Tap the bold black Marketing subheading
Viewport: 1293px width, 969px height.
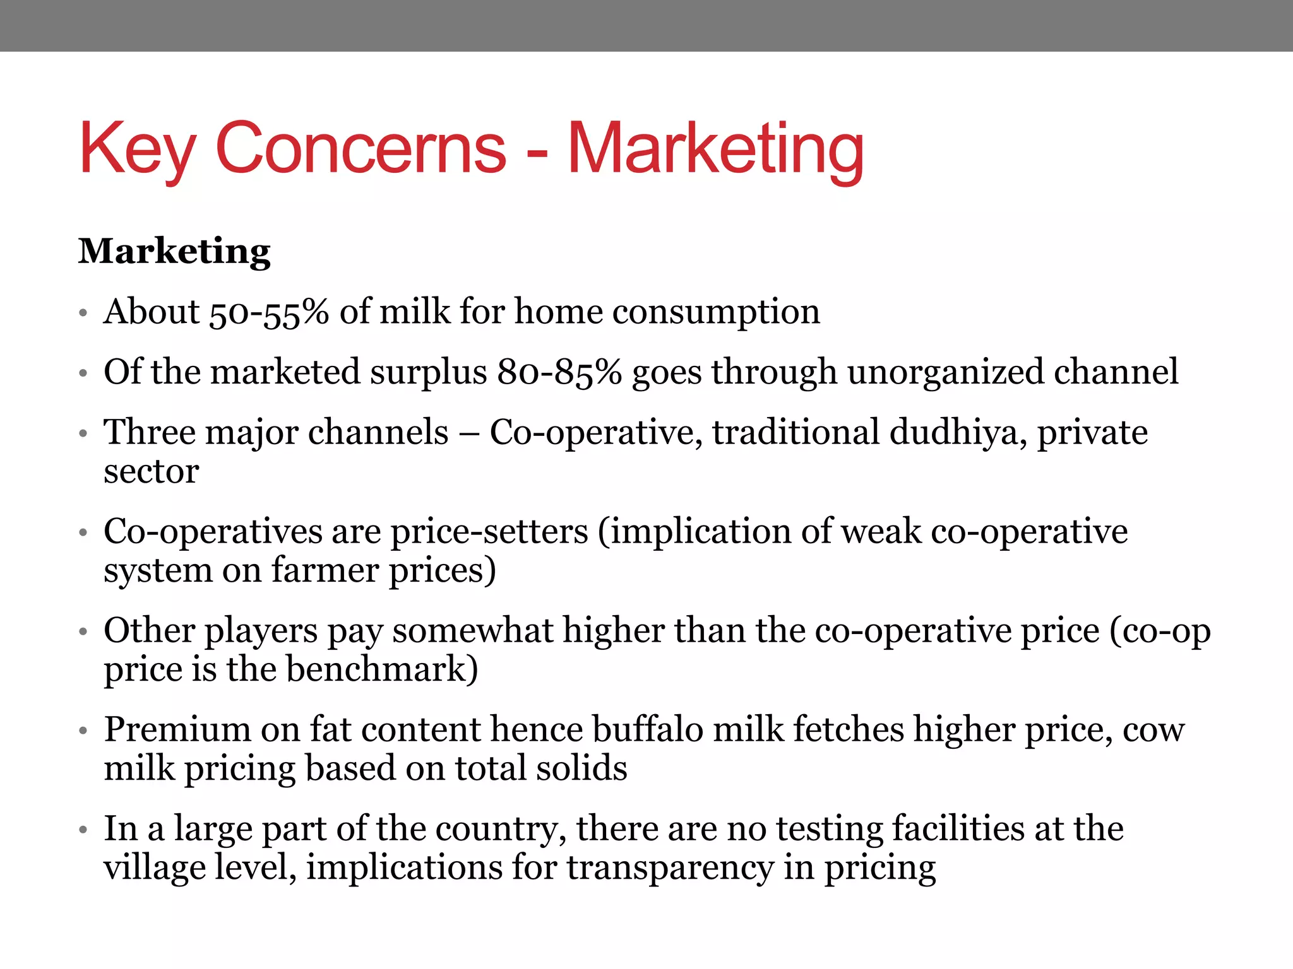[174, 252]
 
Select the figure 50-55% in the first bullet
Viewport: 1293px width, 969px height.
[269, 312]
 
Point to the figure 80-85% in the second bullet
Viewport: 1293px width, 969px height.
[559, 372]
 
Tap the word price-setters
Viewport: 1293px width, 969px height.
[489, 531]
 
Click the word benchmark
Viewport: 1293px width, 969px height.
[381, 669]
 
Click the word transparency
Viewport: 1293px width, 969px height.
[670, 868]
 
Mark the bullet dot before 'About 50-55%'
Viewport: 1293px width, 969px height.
[83, 313]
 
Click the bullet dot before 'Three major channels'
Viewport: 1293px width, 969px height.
[83, 434]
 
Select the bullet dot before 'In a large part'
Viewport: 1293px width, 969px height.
[83, 830]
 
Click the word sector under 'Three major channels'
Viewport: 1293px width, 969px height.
[152, 471]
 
